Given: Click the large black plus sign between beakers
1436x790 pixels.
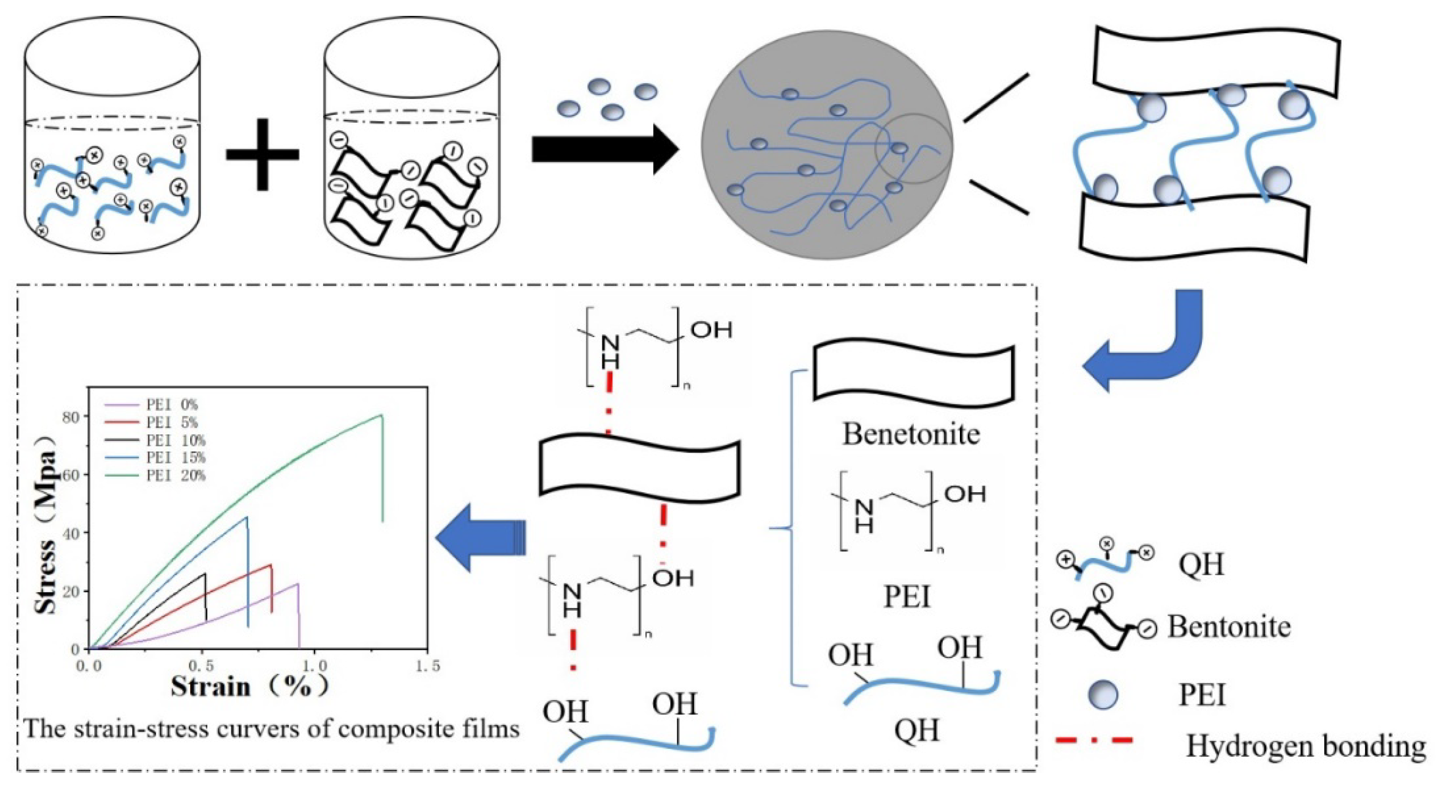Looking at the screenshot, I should coord(262,154).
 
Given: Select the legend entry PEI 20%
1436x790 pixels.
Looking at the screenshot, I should coord(176,476).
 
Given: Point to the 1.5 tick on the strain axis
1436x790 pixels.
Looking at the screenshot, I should coord(428,666).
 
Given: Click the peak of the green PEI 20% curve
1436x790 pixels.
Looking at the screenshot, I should coord(381,415).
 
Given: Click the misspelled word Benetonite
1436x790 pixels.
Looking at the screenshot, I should coord(911,434).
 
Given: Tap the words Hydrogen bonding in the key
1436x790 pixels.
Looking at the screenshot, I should coord(1304,745).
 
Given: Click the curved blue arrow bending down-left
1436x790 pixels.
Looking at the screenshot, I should coord(1148,346).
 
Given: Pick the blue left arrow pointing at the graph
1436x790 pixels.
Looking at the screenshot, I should coord(480,538).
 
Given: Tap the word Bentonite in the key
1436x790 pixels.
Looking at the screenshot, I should coord(1229,627).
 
